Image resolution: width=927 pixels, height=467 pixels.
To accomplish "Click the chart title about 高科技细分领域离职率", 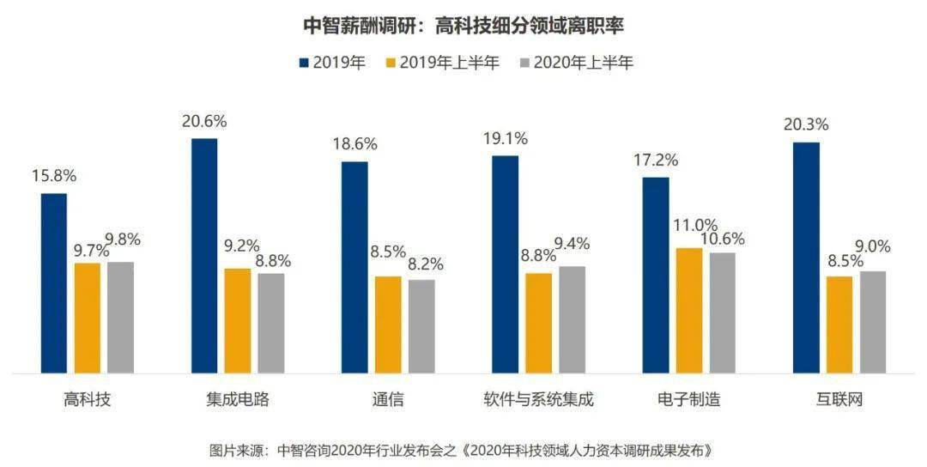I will pyautogui.click(x=463, y=26).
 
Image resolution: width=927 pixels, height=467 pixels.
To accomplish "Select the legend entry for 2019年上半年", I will pyautogui.click(x=443, y=63).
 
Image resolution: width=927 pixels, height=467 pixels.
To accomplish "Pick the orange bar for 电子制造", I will pyautogui.click(x=689, y=311).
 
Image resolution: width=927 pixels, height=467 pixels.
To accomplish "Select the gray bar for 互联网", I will pyautogui.click(x=872, y=322).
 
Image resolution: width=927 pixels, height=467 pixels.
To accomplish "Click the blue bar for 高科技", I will pyautogui.click(x=54, y=283).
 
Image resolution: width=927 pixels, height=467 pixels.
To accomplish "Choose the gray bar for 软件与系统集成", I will pyautogui.click(x=572, y=319).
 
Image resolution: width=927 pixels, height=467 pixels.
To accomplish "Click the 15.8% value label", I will pyautogui.click(x=54, y=176).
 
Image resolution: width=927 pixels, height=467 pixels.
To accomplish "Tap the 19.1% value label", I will pyautogui.click(x=505, y=138).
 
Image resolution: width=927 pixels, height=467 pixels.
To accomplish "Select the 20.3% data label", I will pyautogui.click(x=805, y=124).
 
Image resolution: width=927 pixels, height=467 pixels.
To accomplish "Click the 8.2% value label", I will pyautogui.click(x=421, y=264).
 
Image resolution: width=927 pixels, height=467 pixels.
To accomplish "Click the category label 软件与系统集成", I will pyautogui.click(x=538, y=400).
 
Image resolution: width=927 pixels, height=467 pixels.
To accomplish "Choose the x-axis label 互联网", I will pyautogui.click(x=839, y=400).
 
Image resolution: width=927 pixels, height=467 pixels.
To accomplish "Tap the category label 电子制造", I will pyautogui.click(x=688, y=400).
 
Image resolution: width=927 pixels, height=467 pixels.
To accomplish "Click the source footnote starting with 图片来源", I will pyautogui.click(x=463, y=450).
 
